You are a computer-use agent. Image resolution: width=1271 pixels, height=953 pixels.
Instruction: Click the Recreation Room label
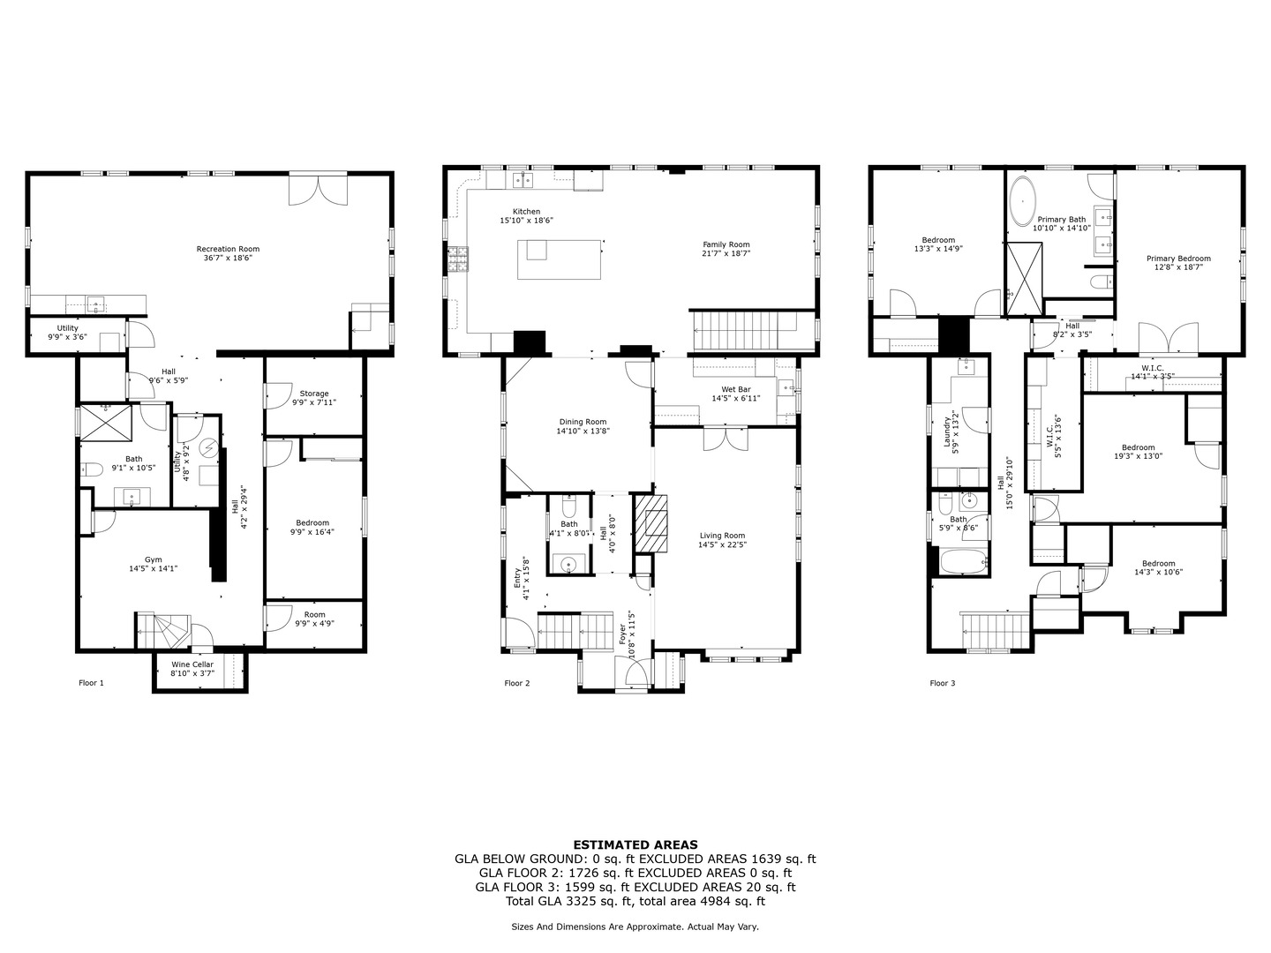point(228,249)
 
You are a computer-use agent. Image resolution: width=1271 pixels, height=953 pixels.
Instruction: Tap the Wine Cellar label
point(192,664)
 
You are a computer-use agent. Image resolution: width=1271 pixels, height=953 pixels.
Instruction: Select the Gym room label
point(153,559)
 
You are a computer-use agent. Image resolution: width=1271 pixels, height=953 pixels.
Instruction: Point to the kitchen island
point(559,259)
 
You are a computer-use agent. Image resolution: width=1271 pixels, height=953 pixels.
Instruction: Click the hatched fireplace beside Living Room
point(651,523)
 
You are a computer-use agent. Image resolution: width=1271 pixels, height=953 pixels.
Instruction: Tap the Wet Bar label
point(736,389)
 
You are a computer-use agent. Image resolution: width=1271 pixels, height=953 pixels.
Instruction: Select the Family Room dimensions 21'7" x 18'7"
point(726,253)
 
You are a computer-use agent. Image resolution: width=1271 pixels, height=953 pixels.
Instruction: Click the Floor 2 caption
point(517,683)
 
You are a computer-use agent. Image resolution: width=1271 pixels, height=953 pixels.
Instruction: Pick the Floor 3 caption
point(943,683)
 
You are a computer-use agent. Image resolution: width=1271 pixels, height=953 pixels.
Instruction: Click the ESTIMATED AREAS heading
point(635,844)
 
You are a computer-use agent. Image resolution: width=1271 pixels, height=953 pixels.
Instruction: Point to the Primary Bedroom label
point(1178,259)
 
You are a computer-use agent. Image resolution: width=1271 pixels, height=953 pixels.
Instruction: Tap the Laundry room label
point(947,431)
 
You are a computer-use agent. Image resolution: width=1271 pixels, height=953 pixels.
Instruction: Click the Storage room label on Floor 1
point(314,394)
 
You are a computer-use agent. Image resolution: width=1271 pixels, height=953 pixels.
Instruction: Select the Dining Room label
point(583,422)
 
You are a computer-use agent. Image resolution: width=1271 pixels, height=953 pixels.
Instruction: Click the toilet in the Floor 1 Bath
point(92,469)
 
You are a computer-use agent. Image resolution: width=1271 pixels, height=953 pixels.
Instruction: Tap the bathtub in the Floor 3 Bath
point(964,561)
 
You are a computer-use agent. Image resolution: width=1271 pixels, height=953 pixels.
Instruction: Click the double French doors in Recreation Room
point(318,189)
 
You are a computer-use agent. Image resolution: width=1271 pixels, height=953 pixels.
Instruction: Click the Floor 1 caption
point(92,683)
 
